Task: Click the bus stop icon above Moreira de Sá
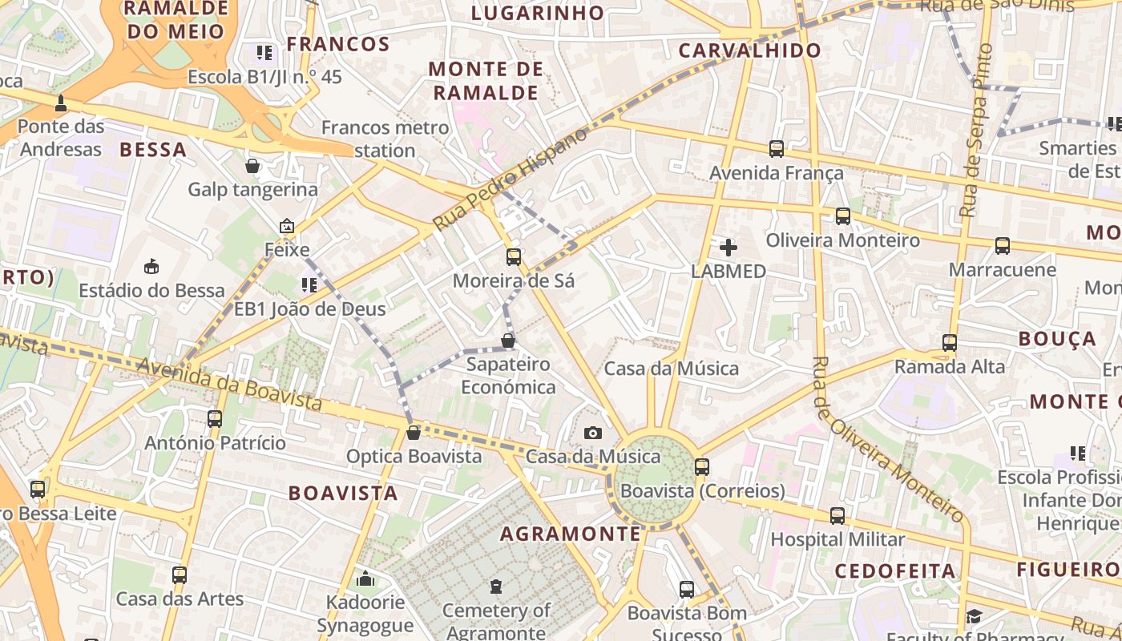(514, 257)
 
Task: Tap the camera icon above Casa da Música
(593, 433)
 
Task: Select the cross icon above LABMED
(728, 248)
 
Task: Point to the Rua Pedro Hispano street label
(511, 179)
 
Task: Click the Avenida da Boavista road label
(229, 384)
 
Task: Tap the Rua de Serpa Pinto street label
(977, 131)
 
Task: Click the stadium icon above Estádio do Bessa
(151, 266)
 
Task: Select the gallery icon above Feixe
(287, 227)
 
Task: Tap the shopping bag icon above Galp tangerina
(252, 166)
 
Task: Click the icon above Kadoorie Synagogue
(365, 579)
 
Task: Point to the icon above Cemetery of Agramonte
(496, 587)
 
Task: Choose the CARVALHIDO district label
(750, 50)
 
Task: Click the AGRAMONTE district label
(571, 534)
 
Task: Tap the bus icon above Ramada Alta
(950, 343)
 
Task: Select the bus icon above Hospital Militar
(837, 516)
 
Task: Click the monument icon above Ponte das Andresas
(61, 103)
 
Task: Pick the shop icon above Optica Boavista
(414, 433)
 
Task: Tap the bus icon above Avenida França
(776, 149)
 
